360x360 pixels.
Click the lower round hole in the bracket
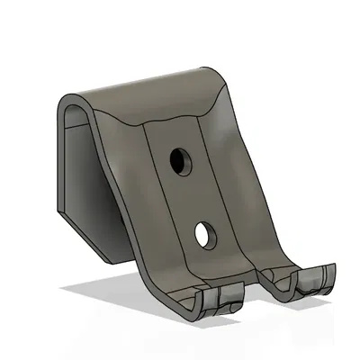[205, 235]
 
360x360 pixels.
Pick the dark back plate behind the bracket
[85, 180]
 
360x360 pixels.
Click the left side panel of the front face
[130, 189]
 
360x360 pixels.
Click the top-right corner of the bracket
[216, 72]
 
